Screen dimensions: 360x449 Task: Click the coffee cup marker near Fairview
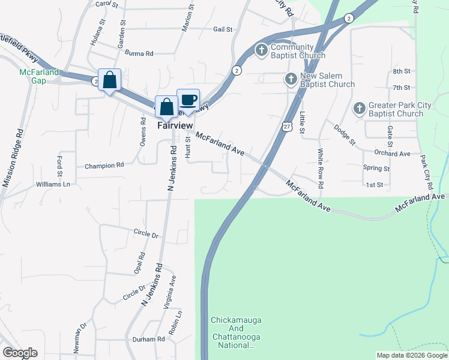click(x=188, y=100)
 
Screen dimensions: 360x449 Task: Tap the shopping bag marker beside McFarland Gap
click(x=109, y=80)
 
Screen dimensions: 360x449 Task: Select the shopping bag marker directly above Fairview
click(x=166, y=107)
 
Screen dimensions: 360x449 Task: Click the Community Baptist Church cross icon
click(x=261, y=51)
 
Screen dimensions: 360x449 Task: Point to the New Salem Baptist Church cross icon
click(x=291, y=79)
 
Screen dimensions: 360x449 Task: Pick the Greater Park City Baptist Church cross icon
click(x=360, y=109)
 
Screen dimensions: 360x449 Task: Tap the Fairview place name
click(x=175, y=125)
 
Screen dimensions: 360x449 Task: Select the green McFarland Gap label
click(x=38, y=76)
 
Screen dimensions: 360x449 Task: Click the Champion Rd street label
click(x=104, y=165)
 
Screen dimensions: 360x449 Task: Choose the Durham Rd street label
click(x=148, y=339)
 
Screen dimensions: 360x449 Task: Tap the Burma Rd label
click(x=139, y=53)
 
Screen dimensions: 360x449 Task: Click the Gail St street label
click(x=222, y=29)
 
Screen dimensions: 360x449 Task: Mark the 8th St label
click(x=401, y=71)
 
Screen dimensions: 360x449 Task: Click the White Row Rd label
click(x=321, y=169)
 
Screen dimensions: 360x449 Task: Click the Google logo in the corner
click(x=20, y=353)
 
